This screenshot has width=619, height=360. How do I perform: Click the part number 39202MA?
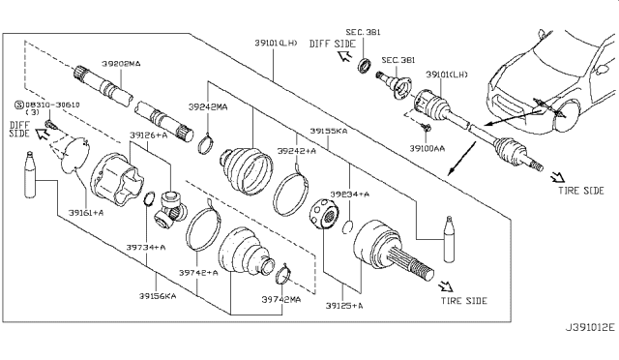click(x=121, y=63)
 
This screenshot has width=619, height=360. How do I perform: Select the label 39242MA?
click(x=207, y=107)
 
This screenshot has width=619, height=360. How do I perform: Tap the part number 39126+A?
click(x=147, y=135)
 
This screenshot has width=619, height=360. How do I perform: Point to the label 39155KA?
click(x=330, y=130)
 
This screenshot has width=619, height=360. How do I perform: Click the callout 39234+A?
click(x=349, y=195)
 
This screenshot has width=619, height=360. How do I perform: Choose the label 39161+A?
click(x=87, y=212)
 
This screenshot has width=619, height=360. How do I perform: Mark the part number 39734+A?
click(x=145, y=248)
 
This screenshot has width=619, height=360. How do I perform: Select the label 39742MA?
click(x=280, y=301)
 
